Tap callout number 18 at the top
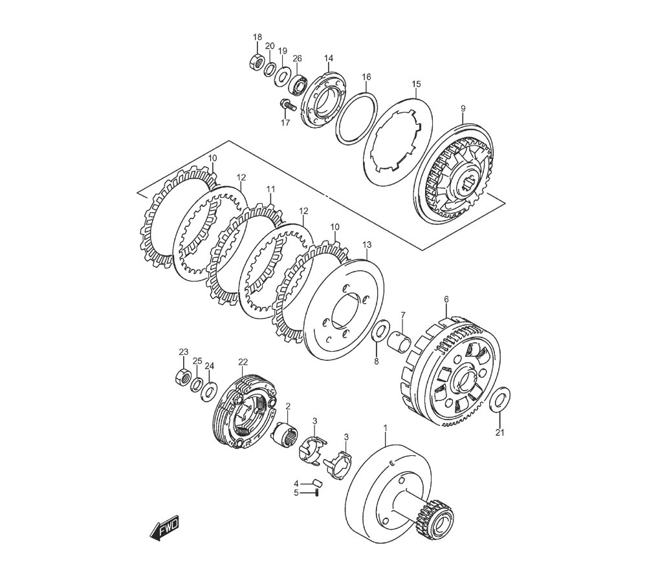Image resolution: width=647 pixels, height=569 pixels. coord(258,38)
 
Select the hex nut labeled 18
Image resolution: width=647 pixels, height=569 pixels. coord(255,62)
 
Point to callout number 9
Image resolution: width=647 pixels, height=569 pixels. coord(463,109)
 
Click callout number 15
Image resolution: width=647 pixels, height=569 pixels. coord(416,84)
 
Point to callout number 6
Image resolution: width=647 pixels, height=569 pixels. coord(446,299)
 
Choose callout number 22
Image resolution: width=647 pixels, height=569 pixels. coord(243,361)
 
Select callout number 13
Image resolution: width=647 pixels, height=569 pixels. coord(367,245)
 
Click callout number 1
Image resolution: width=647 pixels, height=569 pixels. coord(385,427)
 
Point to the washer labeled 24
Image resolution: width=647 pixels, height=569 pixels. coord(209,390)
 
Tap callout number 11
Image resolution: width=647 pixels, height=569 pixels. coord(270,189)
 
